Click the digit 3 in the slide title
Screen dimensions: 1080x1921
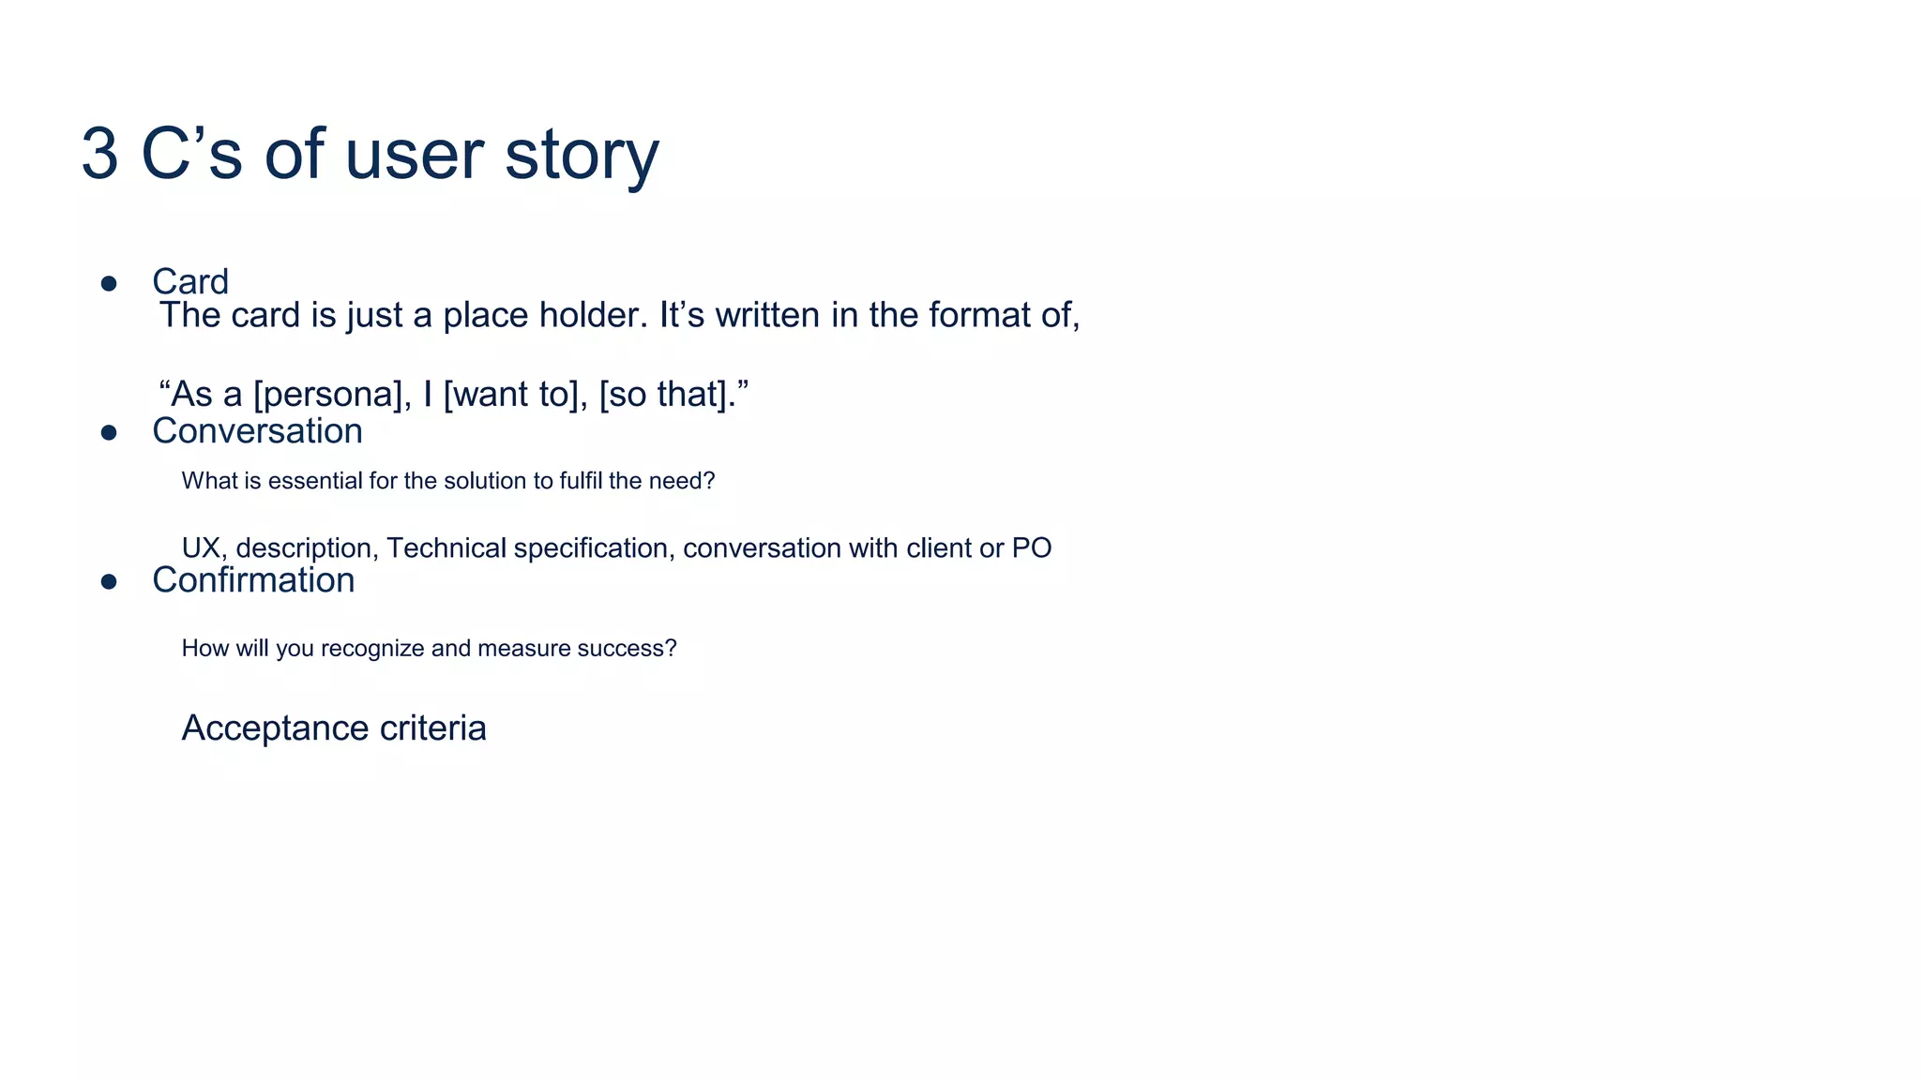point(100,155)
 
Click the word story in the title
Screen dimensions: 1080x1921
point(582,155)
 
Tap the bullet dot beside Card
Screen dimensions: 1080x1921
point(109,283)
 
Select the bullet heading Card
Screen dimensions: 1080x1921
point(190,282)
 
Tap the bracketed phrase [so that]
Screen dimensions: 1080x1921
point(667,395)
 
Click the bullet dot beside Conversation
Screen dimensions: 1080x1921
point(109,432)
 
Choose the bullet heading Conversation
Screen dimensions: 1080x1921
point(257,431)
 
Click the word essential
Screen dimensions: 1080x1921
point(314,481)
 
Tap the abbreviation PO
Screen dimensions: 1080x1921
point(1032,548)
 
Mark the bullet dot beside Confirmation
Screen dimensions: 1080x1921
point(109,582)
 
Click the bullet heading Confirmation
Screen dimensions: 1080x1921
point(253,580)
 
